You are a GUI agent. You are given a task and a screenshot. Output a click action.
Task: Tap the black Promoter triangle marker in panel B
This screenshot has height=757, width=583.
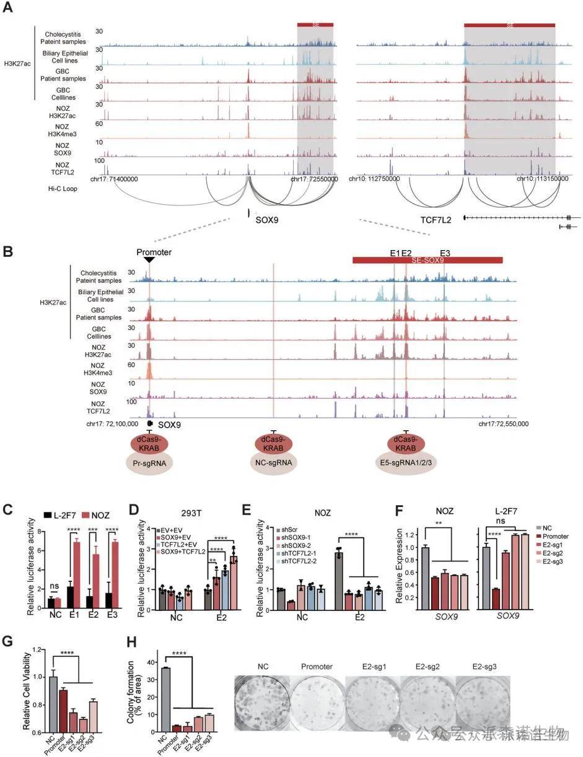[149, 260]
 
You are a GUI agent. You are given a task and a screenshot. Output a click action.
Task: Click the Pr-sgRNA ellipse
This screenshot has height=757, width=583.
[149, 464]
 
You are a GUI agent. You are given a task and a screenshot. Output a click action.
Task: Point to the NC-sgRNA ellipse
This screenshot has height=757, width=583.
[273, 464]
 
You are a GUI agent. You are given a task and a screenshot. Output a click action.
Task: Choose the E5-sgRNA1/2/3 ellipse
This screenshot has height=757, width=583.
[406, 464]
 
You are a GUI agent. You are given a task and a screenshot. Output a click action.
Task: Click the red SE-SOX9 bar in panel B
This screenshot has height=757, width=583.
[427, 261]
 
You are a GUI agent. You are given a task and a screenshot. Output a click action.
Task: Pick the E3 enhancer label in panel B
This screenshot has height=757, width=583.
[445, 253]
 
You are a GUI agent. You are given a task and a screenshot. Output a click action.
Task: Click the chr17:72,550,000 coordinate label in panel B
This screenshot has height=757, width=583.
[503, 424]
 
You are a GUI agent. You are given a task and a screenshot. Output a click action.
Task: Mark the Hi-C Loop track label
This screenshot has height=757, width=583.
[61, 188]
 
